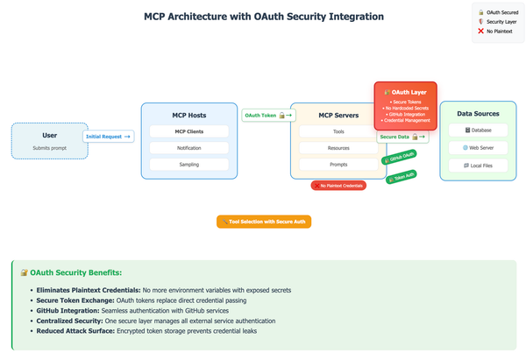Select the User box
point(49,140)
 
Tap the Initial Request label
point(109,136)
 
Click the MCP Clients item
point(188,131)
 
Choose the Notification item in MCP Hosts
point(188,148)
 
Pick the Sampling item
point(188,164)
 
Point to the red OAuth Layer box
point(405,105)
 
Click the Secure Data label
point(403,136)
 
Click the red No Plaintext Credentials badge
point(339,186)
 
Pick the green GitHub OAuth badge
point(399,158)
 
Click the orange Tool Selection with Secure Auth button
point(264,222)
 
